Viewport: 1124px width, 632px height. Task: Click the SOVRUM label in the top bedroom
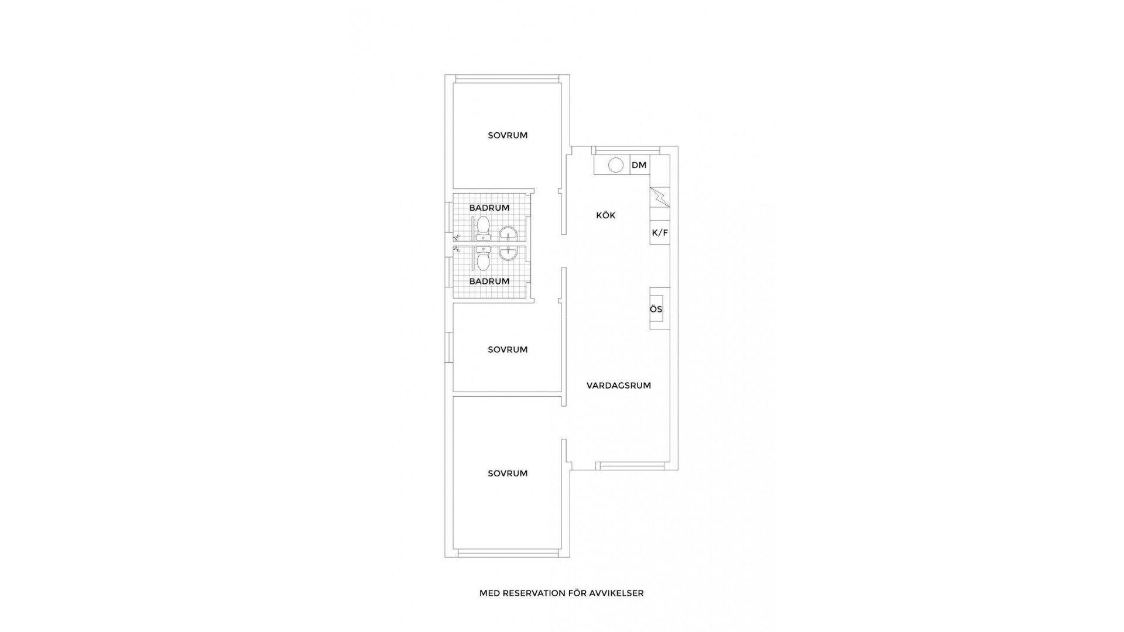(508, 135)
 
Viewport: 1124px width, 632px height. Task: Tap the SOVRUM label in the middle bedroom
(508, 349)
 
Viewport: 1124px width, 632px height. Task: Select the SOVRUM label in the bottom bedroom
(508, 473)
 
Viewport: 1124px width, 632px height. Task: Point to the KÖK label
(606, 215)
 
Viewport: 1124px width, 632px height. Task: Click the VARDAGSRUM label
(619, 386)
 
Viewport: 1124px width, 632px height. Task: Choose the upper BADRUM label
(489, 208)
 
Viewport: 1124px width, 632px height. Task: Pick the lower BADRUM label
(489, 281)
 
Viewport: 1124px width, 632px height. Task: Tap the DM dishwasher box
(639, 165)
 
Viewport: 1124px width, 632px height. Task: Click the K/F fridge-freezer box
(660, 233)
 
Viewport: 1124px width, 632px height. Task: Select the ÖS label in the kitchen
(656, 309)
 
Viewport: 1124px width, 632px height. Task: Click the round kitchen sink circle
(616, 165)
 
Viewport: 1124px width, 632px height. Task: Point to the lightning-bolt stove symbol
(660, 197)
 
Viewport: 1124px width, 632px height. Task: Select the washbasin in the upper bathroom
(508, 234)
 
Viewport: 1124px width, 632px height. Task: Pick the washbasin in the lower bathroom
(508, 253)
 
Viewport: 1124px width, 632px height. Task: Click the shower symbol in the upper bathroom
(457, 238)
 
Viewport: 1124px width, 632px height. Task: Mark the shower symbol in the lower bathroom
(457, 249)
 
